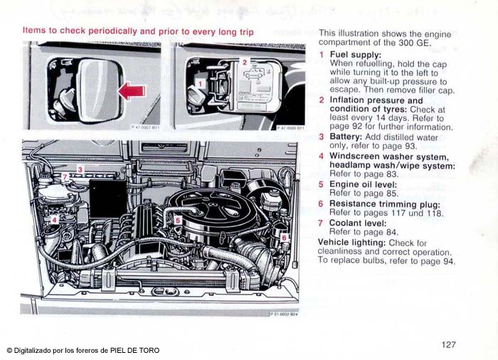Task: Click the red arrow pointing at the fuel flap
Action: [132, 90]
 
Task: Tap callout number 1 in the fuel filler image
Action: [201, 84]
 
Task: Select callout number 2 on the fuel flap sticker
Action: [244, 62]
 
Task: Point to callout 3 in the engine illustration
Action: [80, 169]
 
